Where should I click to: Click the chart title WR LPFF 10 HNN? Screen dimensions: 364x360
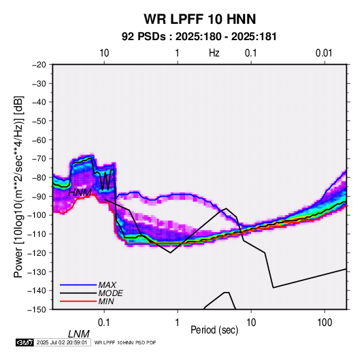[x=200, y=19]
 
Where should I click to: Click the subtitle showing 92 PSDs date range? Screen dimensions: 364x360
[x=199, y=37]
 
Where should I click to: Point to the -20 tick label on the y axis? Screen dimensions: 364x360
[x=39, y=65]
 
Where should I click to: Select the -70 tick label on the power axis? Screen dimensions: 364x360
[x=39, y=159]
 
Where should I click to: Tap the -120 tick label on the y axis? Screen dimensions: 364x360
[x=37, y=252]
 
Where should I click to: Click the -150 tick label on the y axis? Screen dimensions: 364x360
[x=37, y=310]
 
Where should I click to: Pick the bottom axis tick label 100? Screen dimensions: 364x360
[x=325, y=323]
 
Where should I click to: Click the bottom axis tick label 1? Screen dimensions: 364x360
[x=178, y=323]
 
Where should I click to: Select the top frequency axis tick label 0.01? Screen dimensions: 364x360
[x=324, y=53]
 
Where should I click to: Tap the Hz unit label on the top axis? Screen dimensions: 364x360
[x=214, y=53]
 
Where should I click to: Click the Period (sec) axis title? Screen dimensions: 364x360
[x=214, y=330]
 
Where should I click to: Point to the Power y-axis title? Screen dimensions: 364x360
[x=19, y=186]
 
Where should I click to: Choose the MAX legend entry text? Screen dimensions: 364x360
[x=107, y=284]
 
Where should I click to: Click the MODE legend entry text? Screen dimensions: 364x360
[x=110, y=293]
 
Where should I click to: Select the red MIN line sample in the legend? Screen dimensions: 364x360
[x=78, y=301]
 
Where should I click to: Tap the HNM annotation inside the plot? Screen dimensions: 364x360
[x=80, y=193]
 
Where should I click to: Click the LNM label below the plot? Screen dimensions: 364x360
[x=79, y=334]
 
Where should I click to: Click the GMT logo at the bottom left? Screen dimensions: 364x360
[x=24, y=342]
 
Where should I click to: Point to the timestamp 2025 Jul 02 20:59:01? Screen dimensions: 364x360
[x=62, y=342]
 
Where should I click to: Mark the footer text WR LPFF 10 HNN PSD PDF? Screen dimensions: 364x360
[x=125, y=342]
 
